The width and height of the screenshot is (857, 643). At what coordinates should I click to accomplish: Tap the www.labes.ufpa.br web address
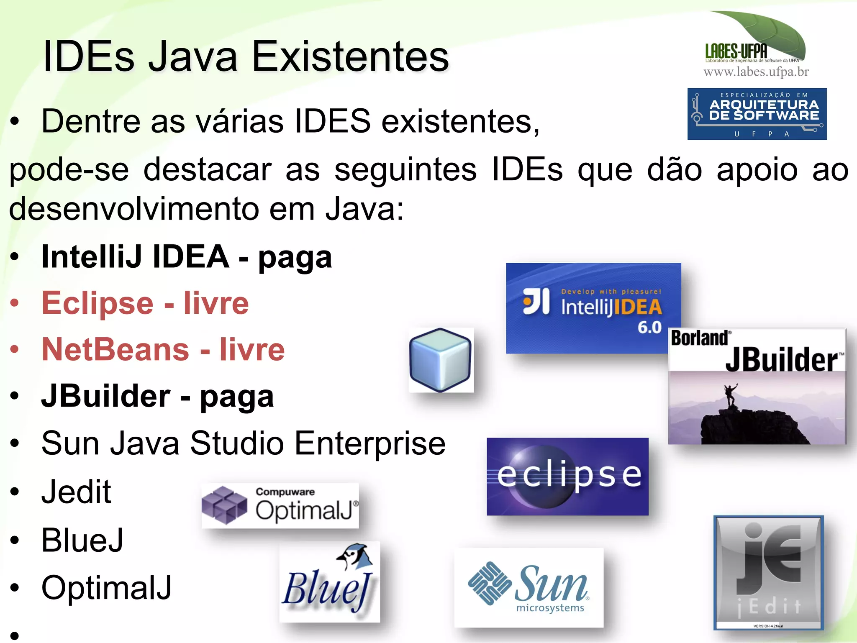756,72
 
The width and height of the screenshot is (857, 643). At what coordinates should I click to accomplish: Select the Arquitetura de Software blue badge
757,114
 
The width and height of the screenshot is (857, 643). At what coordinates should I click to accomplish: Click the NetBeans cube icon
441,360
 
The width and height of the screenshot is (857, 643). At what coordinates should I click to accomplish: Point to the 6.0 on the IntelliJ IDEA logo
649,327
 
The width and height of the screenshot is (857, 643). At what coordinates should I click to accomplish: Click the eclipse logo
567,476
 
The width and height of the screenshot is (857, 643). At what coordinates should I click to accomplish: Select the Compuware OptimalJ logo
280,505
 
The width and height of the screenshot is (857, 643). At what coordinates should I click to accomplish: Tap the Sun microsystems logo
529,587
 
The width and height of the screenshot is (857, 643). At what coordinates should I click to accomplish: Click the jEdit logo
768,572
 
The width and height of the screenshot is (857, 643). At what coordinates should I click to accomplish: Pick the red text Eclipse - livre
145,303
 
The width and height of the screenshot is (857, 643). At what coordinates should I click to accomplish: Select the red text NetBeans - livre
163,350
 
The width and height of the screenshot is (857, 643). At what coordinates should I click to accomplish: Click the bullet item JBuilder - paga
157,396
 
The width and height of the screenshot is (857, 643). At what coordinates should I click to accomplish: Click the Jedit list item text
76,492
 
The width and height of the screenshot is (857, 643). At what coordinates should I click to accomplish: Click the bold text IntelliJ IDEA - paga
186,257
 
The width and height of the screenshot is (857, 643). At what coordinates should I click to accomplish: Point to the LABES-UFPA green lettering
736,51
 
